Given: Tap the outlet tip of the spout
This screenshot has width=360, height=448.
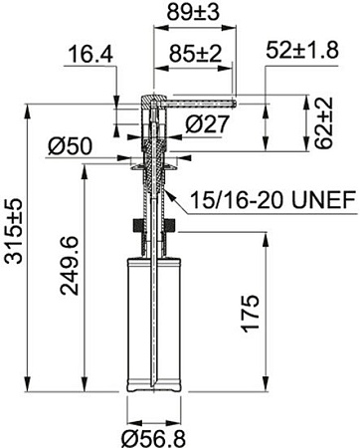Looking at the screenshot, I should click(x=233, y=101).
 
